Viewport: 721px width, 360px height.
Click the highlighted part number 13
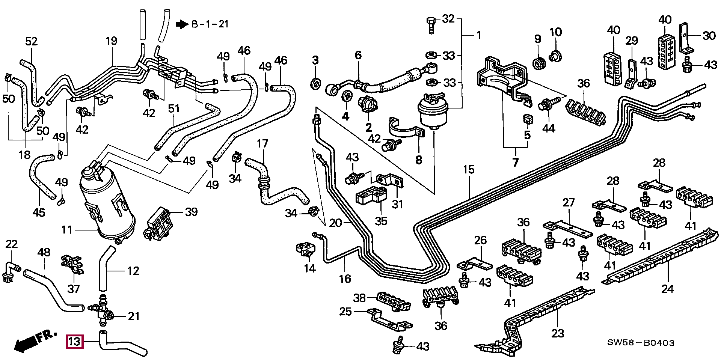(74, 342)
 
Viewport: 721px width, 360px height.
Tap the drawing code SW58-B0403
(641, 343)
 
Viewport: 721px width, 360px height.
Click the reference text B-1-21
(210, 24)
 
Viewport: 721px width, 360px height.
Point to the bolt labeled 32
(431, 25)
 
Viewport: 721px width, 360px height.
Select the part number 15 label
(469, 170)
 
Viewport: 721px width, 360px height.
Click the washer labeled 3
(315, 83)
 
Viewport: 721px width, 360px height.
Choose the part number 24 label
(667, 289)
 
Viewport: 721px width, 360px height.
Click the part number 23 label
(558, 333)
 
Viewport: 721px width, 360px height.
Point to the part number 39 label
(191, 212)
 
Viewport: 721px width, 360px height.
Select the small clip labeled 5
(528, 119)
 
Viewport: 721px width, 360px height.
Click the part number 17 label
(262, 143)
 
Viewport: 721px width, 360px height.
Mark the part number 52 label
(32, 41)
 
